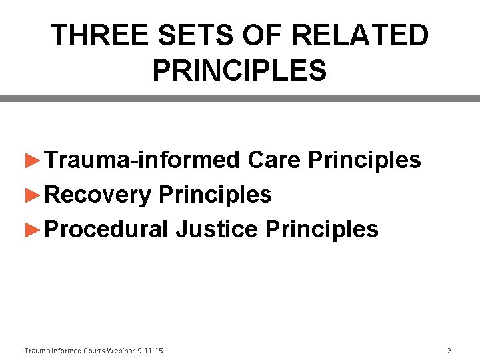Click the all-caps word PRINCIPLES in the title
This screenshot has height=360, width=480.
[x=239, y=70]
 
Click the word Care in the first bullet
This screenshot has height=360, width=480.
[x=275, y=160]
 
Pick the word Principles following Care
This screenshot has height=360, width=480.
[x=365, y=160]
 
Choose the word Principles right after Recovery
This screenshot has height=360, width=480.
[x=215, y=195]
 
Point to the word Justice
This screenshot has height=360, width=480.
[x=217, y=229]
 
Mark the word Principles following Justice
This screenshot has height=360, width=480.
[x=322, y=229]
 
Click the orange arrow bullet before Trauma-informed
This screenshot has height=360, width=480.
[x=33, y=161]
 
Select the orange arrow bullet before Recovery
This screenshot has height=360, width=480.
[x=33, y=195]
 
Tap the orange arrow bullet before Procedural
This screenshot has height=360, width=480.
[x=33, y=230]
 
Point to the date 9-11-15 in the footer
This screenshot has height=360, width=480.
[x=150, y=351]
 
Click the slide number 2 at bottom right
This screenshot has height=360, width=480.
[x=449, y=351]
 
